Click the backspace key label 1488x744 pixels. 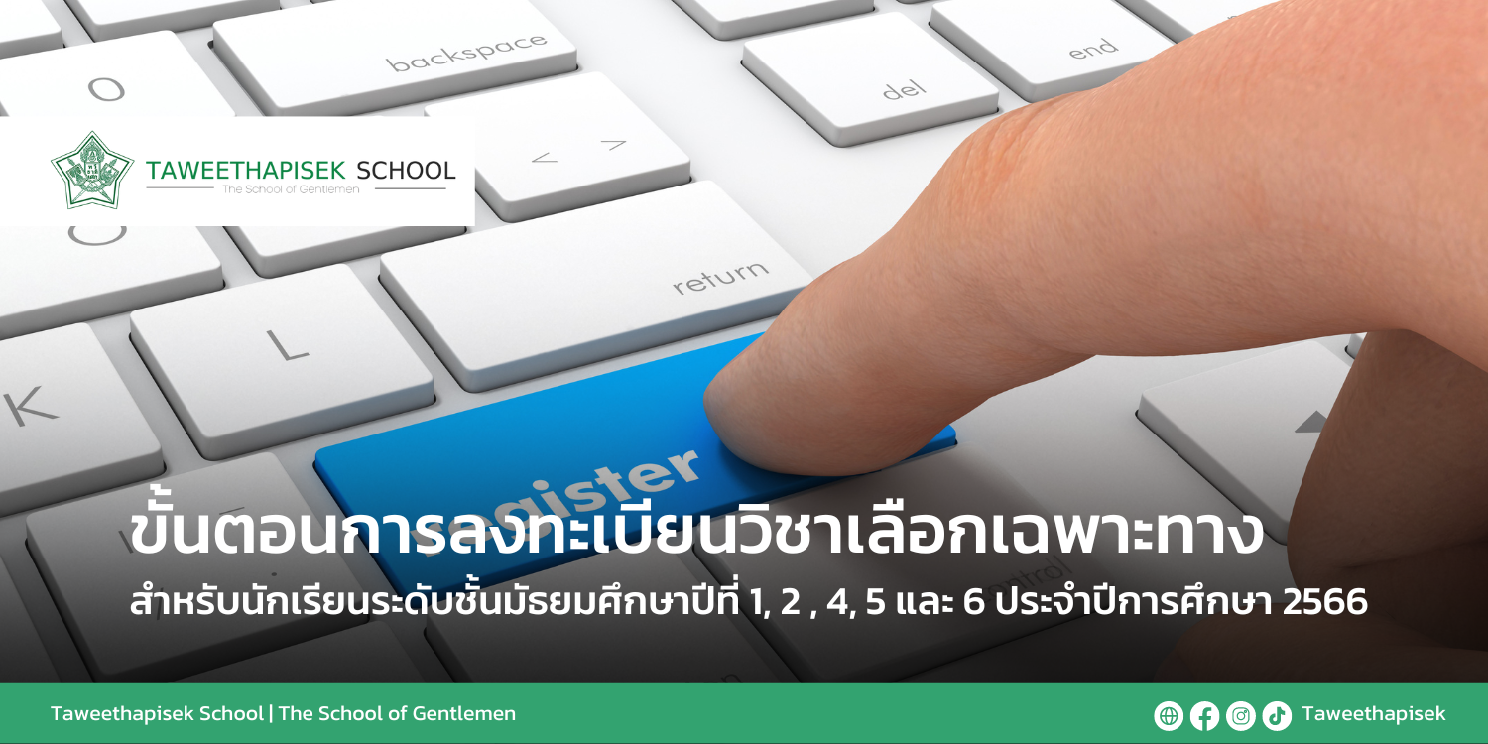click(466, 53)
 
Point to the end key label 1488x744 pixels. click(1093, 49)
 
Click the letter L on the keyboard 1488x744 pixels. click(288, 345)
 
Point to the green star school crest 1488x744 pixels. click(92, 171)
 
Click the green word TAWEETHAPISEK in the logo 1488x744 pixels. click(246, 171)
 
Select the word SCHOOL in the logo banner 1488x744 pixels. click(406, 171)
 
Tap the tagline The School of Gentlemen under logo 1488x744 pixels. click(291, 189)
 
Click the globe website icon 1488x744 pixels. click(1169, 715)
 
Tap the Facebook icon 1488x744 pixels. click(1204, 715)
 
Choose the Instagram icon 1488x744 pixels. click(1240, 715)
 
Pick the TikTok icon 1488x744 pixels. click(1276, 715)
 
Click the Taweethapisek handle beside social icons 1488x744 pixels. click(1374, 714)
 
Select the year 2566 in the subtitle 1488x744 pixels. click(1324, 602)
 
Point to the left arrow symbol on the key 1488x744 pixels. click(544, 158)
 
